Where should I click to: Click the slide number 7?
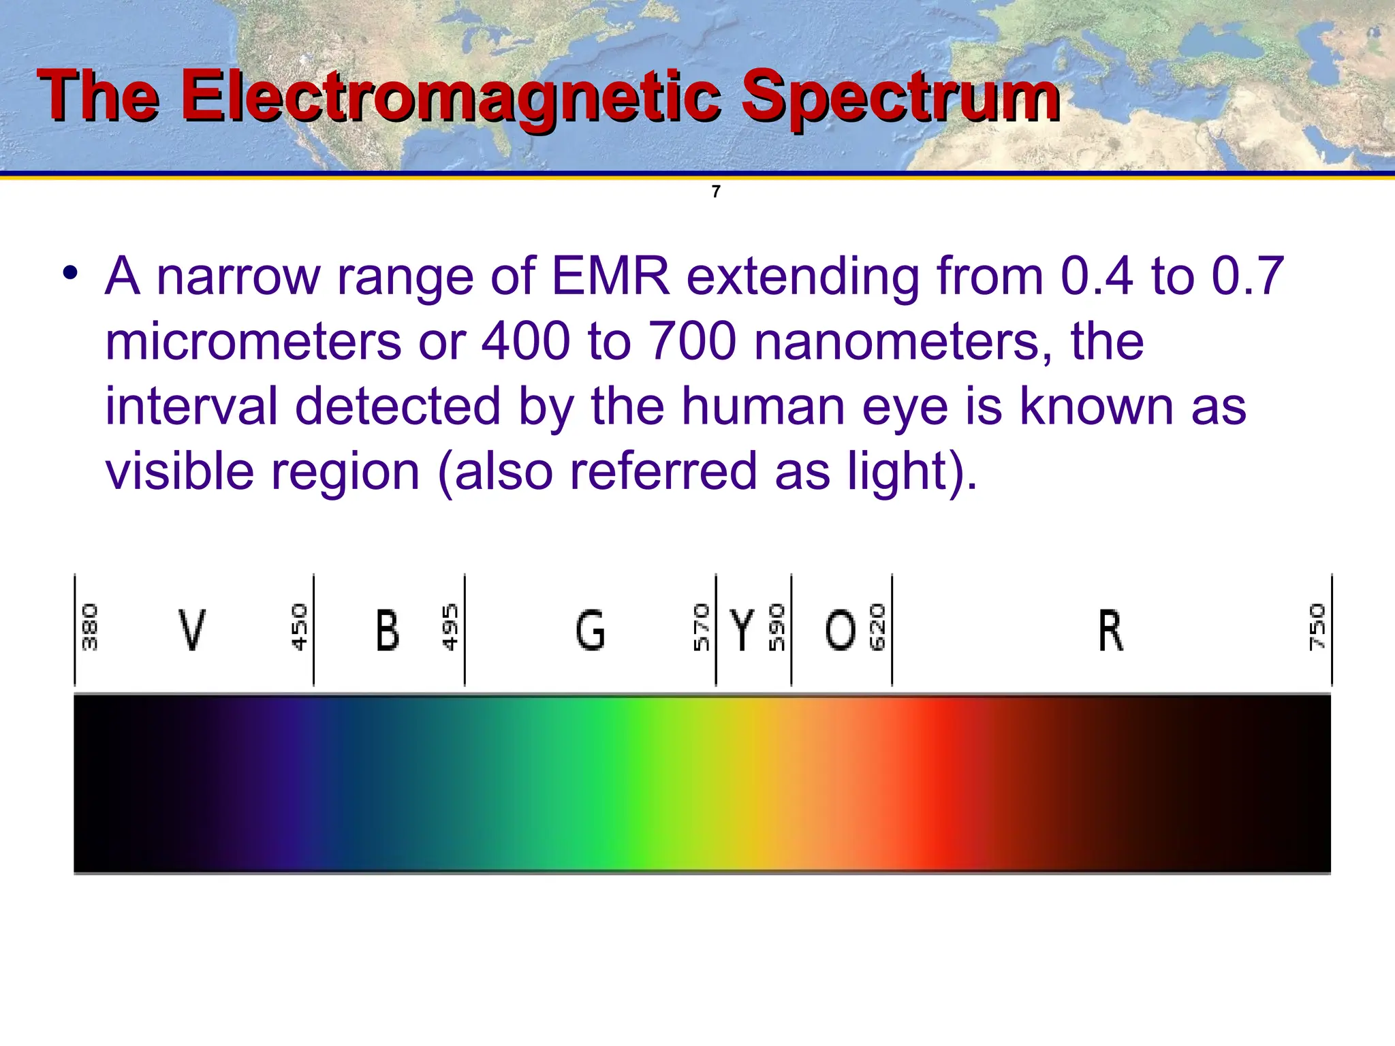click(716, 192)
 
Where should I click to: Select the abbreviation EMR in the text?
click(610, 276)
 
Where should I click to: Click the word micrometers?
click(253, 341)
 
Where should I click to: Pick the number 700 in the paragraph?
click(692, 341)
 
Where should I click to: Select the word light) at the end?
click(912, 472)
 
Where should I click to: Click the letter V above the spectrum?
click(191, 630)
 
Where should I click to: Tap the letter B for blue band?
click(388, 630)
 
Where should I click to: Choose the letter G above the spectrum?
click(590, 630)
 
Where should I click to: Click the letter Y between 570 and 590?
click(742, 630)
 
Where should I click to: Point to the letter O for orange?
click(840, 630)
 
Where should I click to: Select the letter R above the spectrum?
click(1110, 630)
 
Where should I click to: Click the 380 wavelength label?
click(90, 627)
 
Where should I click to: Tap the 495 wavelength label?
click(450, 627)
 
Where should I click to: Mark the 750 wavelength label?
click(1317, 627)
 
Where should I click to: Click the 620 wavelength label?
click(877, 627)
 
